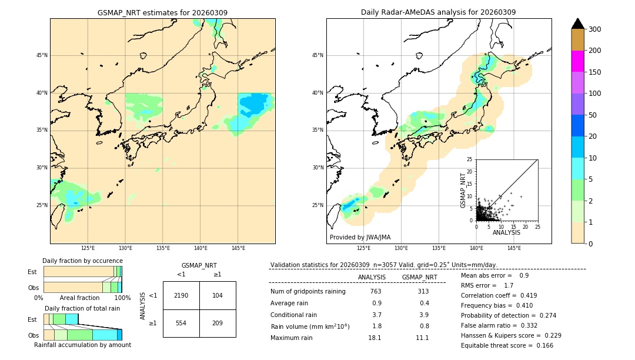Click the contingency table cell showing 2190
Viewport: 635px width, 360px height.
pos(181,295)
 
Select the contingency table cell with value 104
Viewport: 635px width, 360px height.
pos(218,295)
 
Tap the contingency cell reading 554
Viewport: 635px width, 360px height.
pos(181,323)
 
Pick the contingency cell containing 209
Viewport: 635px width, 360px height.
pos(218,323)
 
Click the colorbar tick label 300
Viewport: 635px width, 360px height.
pos(595,29)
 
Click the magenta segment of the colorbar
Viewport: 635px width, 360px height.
pos(578,61)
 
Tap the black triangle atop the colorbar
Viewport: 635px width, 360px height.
pos(578,24)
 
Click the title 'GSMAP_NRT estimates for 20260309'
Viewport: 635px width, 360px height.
pos(162,12)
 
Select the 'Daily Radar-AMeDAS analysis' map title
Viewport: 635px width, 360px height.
pos(439,12)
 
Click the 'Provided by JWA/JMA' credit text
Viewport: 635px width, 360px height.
pos(360,237)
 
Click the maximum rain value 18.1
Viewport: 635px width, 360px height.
pos(375,338)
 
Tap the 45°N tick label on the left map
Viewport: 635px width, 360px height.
pos(42,55)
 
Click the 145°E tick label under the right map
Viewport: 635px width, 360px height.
pos(514,248)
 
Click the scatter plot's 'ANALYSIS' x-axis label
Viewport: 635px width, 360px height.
pos(506,232)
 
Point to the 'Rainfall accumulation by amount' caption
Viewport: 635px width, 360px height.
pos(82,345)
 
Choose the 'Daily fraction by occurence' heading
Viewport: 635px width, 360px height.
pos(82,261)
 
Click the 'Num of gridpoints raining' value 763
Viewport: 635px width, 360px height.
pos(376,292)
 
